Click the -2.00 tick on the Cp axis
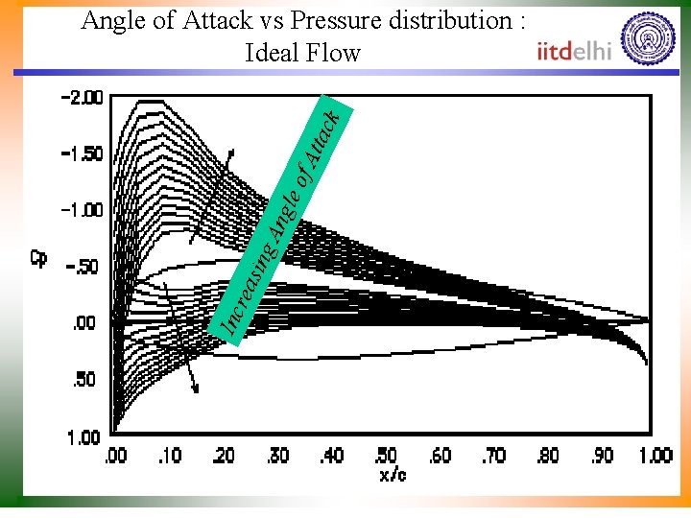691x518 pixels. coord(81,98)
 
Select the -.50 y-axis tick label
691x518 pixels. coord(83,267)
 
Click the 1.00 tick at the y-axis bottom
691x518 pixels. coord(83,437)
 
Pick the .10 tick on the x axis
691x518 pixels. coord(170,456)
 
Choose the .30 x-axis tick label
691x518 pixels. coord(279,456)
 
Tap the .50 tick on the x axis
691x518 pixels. coord(387,456)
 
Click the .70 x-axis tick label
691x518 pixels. coord(494,456)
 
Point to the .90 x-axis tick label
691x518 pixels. coord(603,456)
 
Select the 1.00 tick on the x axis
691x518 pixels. coord(655,456)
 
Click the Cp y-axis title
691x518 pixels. coord(40,257)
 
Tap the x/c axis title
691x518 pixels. coord(392,474)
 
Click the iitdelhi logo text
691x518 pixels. coord(574,52)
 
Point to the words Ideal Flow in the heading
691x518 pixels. coord(303,53)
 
